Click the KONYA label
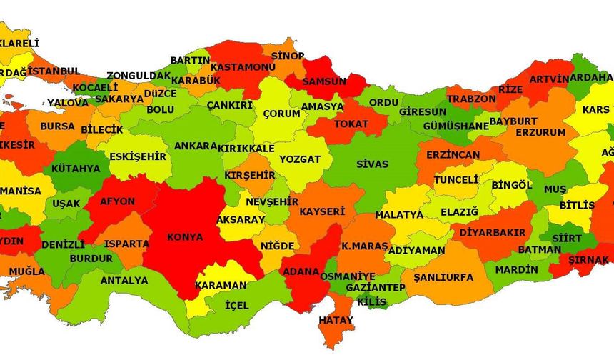[x=185, y=237]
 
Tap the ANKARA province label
[x=195, y=146]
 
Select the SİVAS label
[x=372, y=164]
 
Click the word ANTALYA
[x=124, y=281]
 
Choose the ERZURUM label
[x=540, y=133]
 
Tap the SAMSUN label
[x=325, y=81]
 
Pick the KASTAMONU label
[x=243, y=66]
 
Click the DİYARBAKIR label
[x=492, y=233]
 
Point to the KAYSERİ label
[x=322, y=211]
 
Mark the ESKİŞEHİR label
[x=137, y=156]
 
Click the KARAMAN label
[x=221, y=285]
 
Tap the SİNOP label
[x=288, y=56]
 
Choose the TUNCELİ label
[x=456, y=179]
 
